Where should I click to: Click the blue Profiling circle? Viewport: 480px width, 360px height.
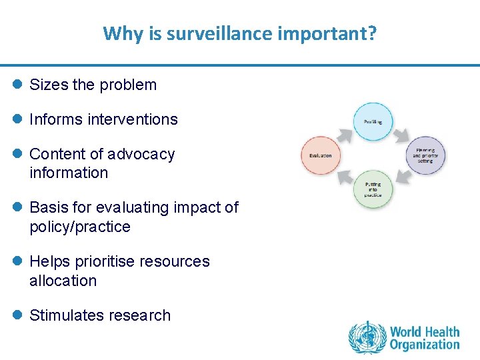(x=373, y=122)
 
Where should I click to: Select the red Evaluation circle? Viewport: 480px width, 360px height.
(x=321, y=155)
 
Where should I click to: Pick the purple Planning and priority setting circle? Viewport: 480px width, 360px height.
(x=425, y=155)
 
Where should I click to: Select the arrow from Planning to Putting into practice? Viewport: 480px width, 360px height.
(x=402, y=176)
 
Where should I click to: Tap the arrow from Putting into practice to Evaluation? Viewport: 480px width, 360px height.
(x=344, y=176)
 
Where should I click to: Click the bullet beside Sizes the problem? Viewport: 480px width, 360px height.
(x=17, y=85)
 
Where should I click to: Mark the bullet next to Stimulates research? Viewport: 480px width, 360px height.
(x=17, y=315)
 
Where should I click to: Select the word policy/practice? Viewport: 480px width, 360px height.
(x=80, y=227)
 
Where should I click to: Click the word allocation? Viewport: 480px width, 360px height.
(x=63, y=281)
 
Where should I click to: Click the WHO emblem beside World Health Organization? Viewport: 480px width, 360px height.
(x=367, y=337)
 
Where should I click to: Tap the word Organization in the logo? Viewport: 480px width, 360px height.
(x=425, y=345)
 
